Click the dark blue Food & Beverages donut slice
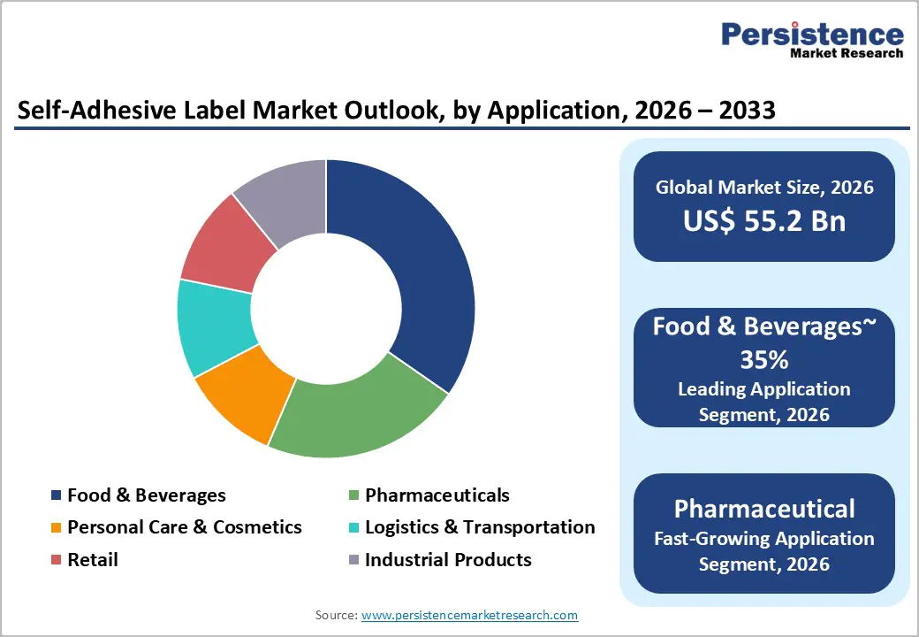(x=415, y=265)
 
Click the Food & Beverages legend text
(x=147, y=495)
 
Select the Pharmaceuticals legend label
(x=437, y=495)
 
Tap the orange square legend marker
(x=57, y=528)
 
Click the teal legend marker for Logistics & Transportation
(x=353, y=528)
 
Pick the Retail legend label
(x=92, y=560)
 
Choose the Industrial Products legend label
(x=448, y=560)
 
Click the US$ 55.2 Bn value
(x=764, y=221)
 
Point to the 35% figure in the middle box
(x=764, y=360)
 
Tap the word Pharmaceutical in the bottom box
(x=764, y=509)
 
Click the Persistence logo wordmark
(x=812, y=35)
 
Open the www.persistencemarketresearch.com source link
(x=469, y=615)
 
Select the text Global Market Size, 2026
(x=764, y=187)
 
